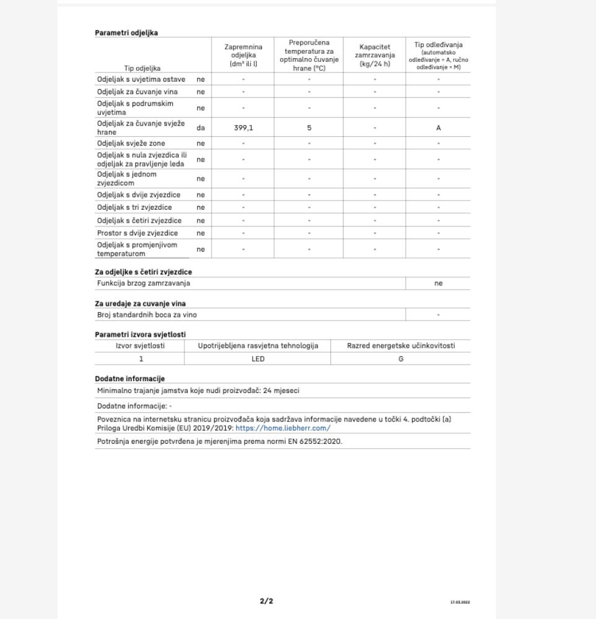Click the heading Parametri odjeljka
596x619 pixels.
pyautogui.click(x=126, y=33)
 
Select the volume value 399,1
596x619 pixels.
pyautogui.click(x=243, y=128)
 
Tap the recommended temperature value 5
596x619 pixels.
pyautogui.click(x=309, y=128)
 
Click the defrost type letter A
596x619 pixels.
pyautogui.click(x=438, y=128)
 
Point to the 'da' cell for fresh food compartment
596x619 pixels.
pyautogui.click(x=201, y=128)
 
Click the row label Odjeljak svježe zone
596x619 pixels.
pyautogui.click(x=131, y=143)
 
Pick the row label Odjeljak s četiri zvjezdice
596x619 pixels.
pyautogui.click(x=139, y=220)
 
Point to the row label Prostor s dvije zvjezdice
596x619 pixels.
pyautogui.click(x=137, y=233)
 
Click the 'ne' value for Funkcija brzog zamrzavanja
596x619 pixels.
pyautogui.click(x=438, y=284)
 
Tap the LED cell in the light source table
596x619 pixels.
pyautogui.click(x=257, y=359)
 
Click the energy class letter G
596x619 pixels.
pyautogui.click(x=400, y=359)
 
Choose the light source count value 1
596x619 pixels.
pyautogui.click(x=140, y=359)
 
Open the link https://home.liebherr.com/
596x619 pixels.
pyautogui.click(x=283, y=428)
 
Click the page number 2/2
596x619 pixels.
pyautogui.click(x=266, y=601)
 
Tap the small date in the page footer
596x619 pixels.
pyautogui.click(x=460, y=602)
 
